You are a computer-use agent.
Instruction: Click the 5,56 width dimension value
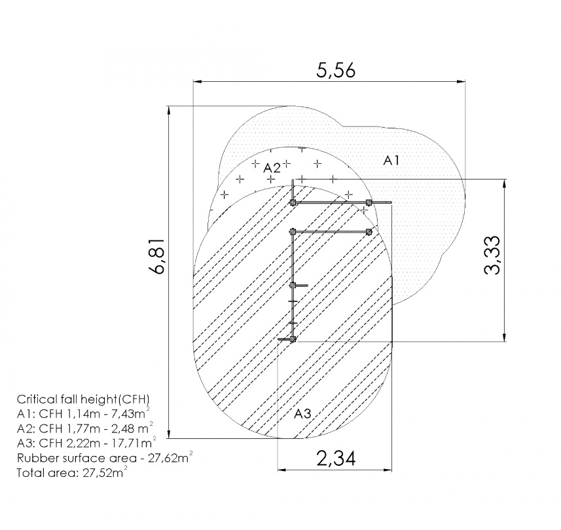pos(336,71)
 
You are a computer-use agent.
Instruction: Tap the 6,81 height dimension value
pos(158,256)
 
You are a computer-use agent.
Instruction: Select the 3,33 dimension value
pos(492,255)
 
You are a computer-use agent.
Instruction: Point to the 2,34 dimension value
pos(336,459)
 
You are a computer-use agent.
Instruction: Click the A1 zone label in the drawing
pos(391,161)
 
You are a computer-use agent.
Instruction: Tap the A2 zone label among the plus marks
pos(272,168)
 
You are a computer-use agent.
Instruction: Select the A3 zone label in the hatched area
pos(302,414)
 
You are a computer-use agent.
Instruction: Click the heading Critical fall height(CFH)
pos(83,399)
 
